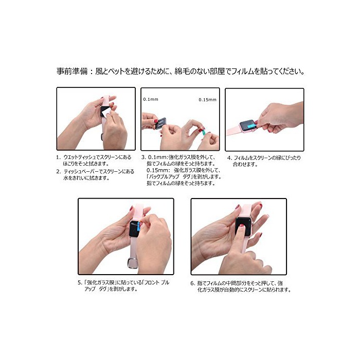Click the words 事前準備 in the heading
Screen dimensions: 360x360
tap(72, 71)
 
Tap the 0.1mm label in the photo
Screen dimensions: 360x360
tap(151, 99)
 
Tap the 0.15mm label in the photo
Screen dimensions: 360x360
tap(207, 100)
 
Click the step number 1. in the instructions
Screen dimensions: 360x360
tap(59, 157)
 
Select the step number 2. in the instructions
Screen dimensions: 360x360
tap(59, 171)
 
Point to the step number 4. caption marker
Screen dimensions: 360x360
tap(229, 158)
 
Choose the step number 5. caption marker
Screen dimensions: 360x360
tap(80, 283)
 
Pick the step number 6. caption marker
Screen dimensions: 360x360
tap(193, 283)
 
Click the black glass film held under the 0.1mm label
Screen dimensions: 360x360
tap(160, 123)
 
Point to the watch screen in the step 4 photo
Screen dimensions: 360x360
tap(248, 125)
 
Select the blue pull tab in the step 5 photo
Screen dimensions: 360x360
tap(138, 227)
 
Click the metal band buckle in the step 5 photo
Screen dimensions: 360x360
tap(132, 263)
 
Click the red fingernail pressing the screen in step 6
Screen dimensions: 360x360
tap(242, 226)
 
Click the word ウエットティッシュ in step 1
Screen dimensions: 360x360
tap(79, 157)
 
